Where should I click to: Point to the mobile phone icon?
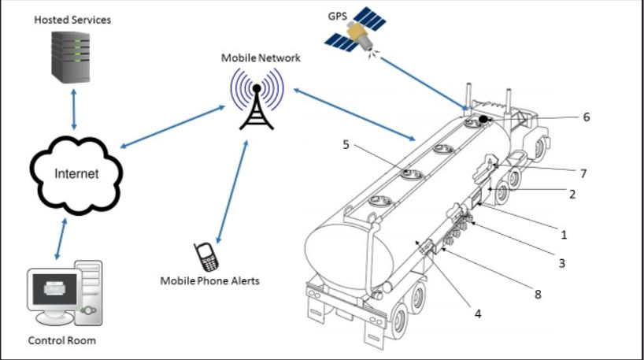pyautogui.click(x=207, y=256)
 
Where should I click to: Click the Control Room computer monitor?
pyautogui.click(x=55, y=292)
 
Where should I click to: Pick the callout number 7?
pyautogui.click(x=583, y=173)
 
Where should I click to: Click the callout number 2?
pyautogui.click(x=572, y=193)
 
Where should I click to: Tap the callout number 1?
pyautogui.click(x=563, y=234)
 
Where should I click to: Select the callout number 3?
pyautogui.click(x=561, y=263)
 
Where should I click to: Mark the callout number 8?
pyautogui.click(x=538, y=295)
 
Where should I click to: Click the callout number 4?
pyautogui.click(x=477, y=314)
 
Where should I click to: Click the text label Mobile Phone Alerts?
pyautogui.click(x=209, y=280)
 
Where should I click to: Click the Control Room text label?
pyautogui.click(x=62, y=341)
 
